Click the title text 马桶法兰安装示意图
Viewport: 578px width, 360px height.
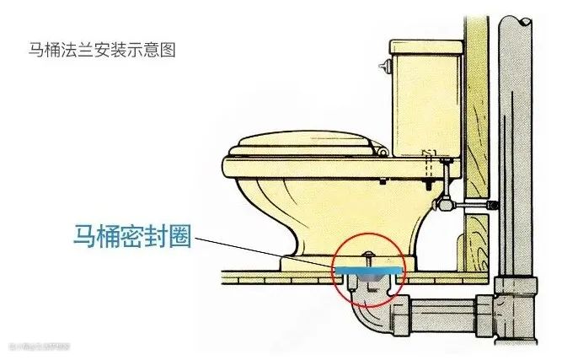(102, 50)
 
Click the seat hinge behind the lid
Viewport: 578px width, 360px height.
(383, 152)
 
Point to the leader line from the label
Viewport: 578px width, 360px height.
(270, 250)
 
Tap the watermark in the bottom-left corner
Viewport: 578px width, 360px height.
(38, 345)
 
